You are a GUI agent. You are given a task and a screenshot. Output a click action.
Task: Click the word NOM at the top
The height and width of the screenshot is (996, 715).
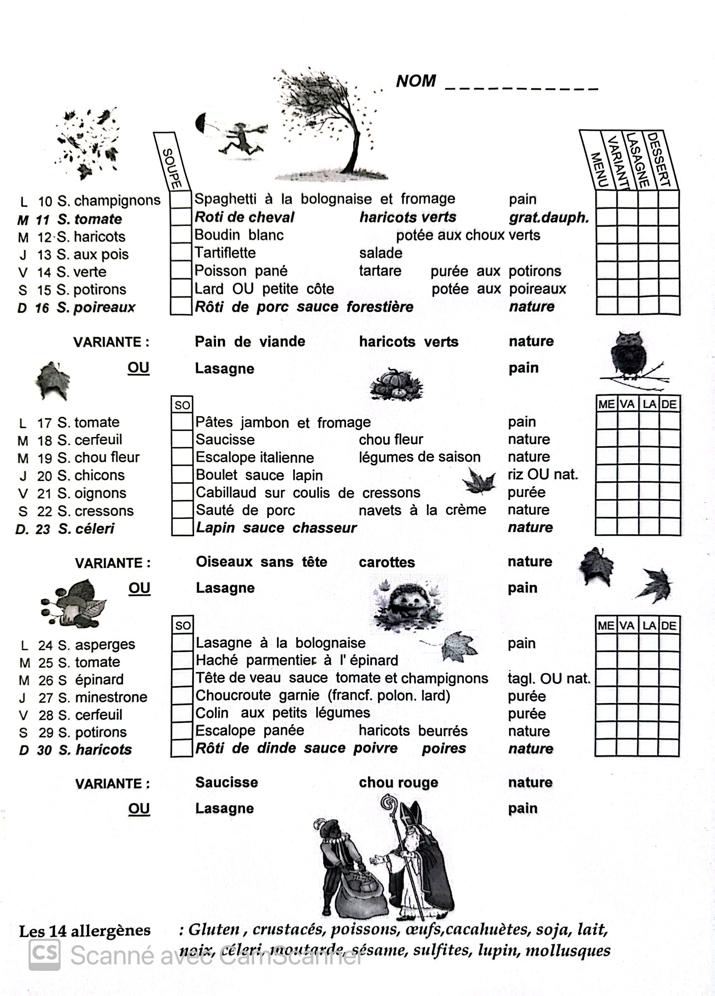[416, 81]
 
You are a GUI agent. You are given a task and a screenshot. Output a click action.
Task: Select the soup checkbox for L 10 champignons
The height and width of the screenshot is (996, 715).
[180, 200]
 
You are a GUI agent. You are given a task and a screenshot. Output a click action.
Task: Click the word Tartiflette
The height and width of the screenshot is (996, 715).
[225, 253]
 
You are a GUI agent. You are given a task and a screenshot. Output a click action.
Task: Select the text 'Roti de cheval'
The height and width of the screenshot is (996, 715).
[244, 217]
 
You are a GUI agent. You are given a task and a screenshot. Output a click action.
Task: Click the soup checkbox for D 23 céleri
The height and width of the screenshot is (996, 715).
[182, 528]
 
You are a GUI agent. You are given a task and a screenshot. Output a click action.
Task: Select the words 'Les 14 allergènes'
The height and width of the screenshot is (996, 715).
[84, 931]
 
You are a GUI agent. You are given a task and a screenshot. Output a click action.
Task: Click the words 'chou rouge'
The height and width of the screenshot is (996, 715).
[398, 783]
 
